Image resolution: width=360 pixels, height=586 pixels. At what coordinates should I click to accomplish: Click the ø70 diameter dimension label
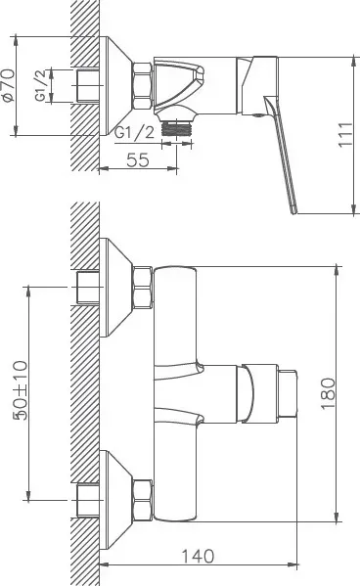pos(9,85)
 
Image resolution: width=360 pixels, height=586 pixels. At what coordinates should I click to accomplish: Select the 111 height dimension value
pos(345,135)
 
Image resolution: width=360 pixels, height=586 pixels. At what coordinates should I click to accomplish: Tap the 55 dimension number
pos(138,159)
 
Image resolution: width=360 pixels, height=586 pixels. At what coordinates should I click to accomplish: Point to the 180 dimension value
pos(329,393)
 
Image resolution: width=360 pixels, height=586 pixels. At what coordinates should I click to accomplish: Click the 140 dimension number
pos(198,556)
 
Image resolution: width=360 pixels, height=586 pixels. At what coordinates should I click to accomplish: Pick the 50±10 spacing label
pos(21,390)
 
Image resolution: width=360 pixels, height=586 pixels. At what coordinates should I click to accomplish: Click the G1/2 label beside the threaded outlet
pos(134,133)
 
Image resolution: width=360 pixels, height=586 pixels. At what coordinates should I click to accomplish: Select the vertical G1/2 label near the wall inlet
pos(41,85)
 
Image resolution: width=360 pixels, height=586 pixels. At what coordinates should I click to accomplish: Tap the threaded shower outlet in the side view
pos(176,128)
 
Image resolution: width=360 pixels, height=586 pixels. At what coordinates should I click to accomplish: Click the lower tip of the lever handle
pos(294,212)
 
